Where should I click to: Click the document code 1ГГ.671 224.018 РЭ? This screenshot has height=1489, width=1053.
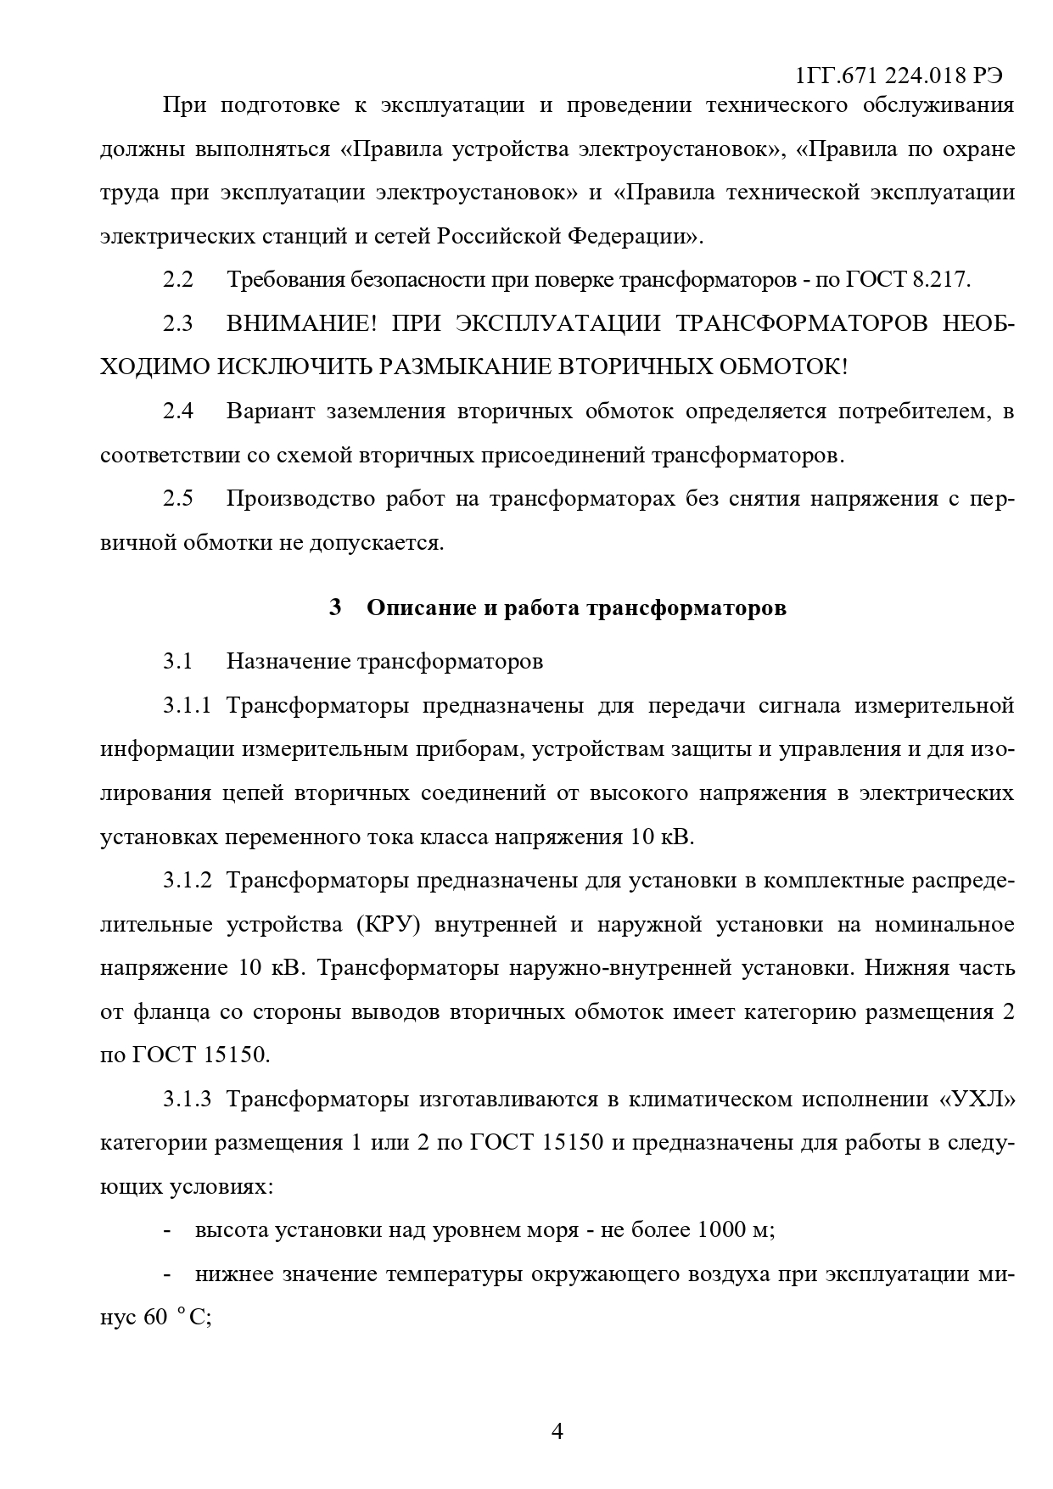pyautogui.click(x=899, y=76)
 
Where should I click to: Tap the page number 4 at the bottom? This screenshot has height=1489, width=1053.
pyautogui.click(x=557, y=1432)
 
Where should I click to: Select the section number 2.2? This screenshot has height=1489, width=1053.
pyautogui.click(x=178, y=280)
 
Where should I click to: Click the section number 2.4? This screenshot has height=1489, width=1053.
pyautogui.click(x=178, y=411)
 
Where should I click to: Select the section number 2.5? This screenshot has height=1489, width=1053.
pyautogui.click(x=178, y=499)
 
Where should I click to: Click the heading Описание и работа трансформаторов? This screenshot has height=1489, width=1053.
pyautogui.click(x=576, y=608)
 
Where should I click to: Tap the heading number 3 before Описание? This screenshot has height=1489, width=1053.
pyautogui.click(x=335, y=608)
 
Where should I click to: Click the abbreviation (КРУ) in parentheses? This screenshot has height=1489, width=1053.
pyautogui.click(x=384, y=925)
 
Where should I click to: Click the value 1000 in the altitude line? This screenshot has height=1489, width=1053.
pyautogui.click(x=720, y=1230)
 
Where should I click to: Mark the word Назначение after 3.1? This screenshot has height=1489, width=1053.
pyautogui.click(x=287, y=662)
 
